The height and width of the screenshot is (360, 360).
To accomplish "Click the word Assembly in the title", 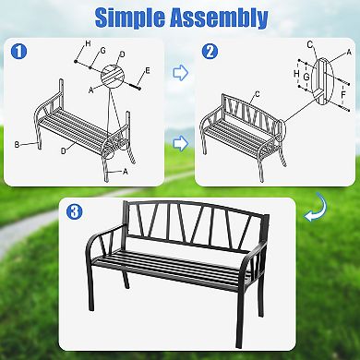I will click(223, 18).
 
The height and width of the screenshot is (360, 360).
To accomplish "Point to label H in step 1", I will click(88, 45).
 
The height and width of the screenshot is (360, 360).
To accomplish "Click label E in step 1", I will click(147, 69).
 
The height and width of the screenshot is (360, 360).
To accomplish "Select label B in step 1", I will click(18, 145).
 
